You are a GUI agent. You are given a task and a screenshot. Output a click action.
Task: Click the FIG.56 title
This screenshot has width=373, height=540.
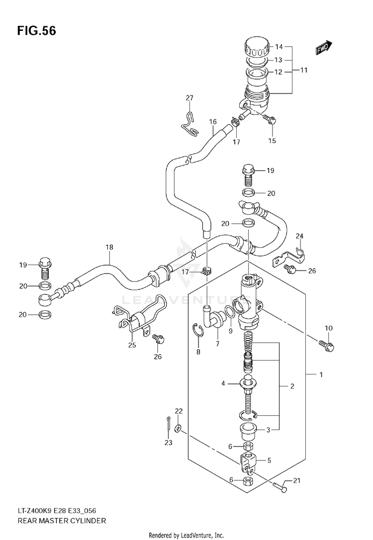[x=36, y=31]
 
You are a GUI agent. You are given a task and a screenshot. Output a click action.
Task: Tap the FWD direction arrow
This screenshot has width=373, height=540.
[x=324, y=48]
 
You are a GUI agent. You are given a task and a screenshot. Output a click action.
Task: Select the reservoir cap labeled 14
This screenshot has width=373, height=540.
[x=257, y=48]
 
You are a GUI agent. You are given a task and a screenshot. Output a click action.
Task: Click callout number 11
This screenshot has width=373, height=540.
[x=303, y=70]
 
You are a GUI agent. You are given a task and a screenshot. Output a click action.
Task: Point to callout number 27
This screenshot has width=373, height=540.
[x=189, y=98]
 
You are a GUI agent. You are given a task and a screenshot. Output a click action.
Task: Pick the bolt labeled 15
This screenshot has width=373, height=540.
[x=270, y=120]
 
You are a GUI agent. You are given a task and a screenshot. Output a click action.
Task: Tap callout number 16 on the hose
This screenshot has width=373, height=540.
[x=213, y=121]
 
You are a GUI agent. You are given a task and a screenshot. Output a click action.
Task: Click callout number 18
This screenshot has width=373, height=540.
[x=109, y=247]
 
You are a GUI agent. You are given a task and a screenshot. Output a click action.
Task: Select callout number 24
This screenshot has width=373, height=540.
[x=299, y=236]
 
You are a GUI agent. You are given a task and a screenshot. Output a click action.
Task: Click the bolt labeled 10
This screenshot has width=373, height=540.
[x=326, y=347]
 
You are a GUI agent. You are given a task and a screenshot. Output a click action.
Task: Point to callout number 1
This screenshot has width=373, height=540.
[x=321, y=374]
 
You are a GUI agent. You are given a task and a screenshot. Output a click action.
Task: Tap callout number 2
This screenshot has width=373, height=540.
[x=292, y=386]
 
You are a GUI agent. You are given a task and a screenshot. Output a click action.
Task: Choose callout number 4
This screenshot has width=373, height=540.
[x=223, y=383]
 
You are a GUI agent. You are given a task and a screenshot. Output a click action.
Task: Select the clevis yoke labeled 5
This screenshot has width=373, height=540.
[x=249, y=463]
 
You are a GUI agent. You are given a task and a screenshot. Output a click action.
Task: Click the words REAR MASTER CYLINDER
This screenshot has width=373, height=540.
[x=62, y=521]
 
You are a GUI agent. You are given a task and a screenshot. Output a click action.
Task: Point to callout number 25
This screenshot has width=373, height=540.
[x=132, y=345]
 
